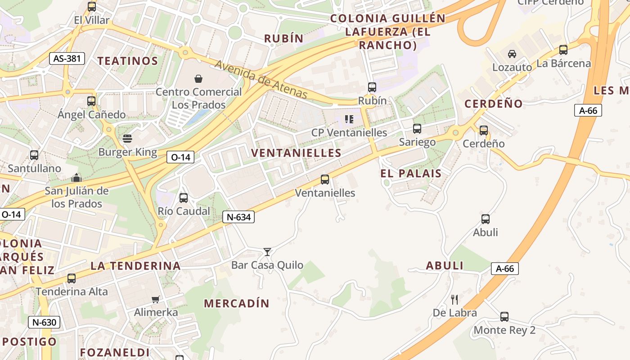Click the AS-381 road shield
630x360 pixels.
(67, 58)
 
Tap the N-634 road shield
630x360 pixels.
(238, 217)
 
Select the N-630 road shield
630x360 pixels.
(44, 322)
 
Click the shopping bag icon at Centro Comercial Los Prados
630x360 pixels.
(198, 79)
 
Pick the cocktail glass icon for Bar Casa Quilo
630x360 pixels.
(267, 252)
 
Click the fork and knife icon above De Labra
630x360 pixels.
(454, 299)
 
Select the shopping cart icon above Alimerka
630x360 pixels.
(156, 299)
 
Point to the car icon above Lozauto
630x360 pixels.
(512, 54)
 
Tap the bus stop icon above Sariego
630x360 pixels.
(417, 129)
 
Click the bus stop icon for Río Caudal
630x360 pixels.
(184, 198)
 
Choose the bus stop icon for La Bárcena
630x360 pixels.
(563, 50)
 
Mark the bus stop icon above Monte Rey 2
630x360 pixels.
(504, 317)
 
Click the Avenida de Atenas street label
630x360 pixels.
(261, 79)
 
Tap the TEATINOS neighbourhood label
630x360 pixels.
(128, 61)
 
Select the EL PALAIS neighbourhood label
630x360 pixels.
(411, 173)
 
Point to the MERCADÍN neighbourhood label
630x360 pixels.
(237, 303)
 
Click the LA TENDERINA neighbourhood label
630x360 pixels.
(135, 265)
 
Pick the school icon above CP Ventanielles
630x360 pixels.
(349, 119)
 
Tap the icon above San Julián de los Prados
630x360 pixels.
(76, 178)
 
